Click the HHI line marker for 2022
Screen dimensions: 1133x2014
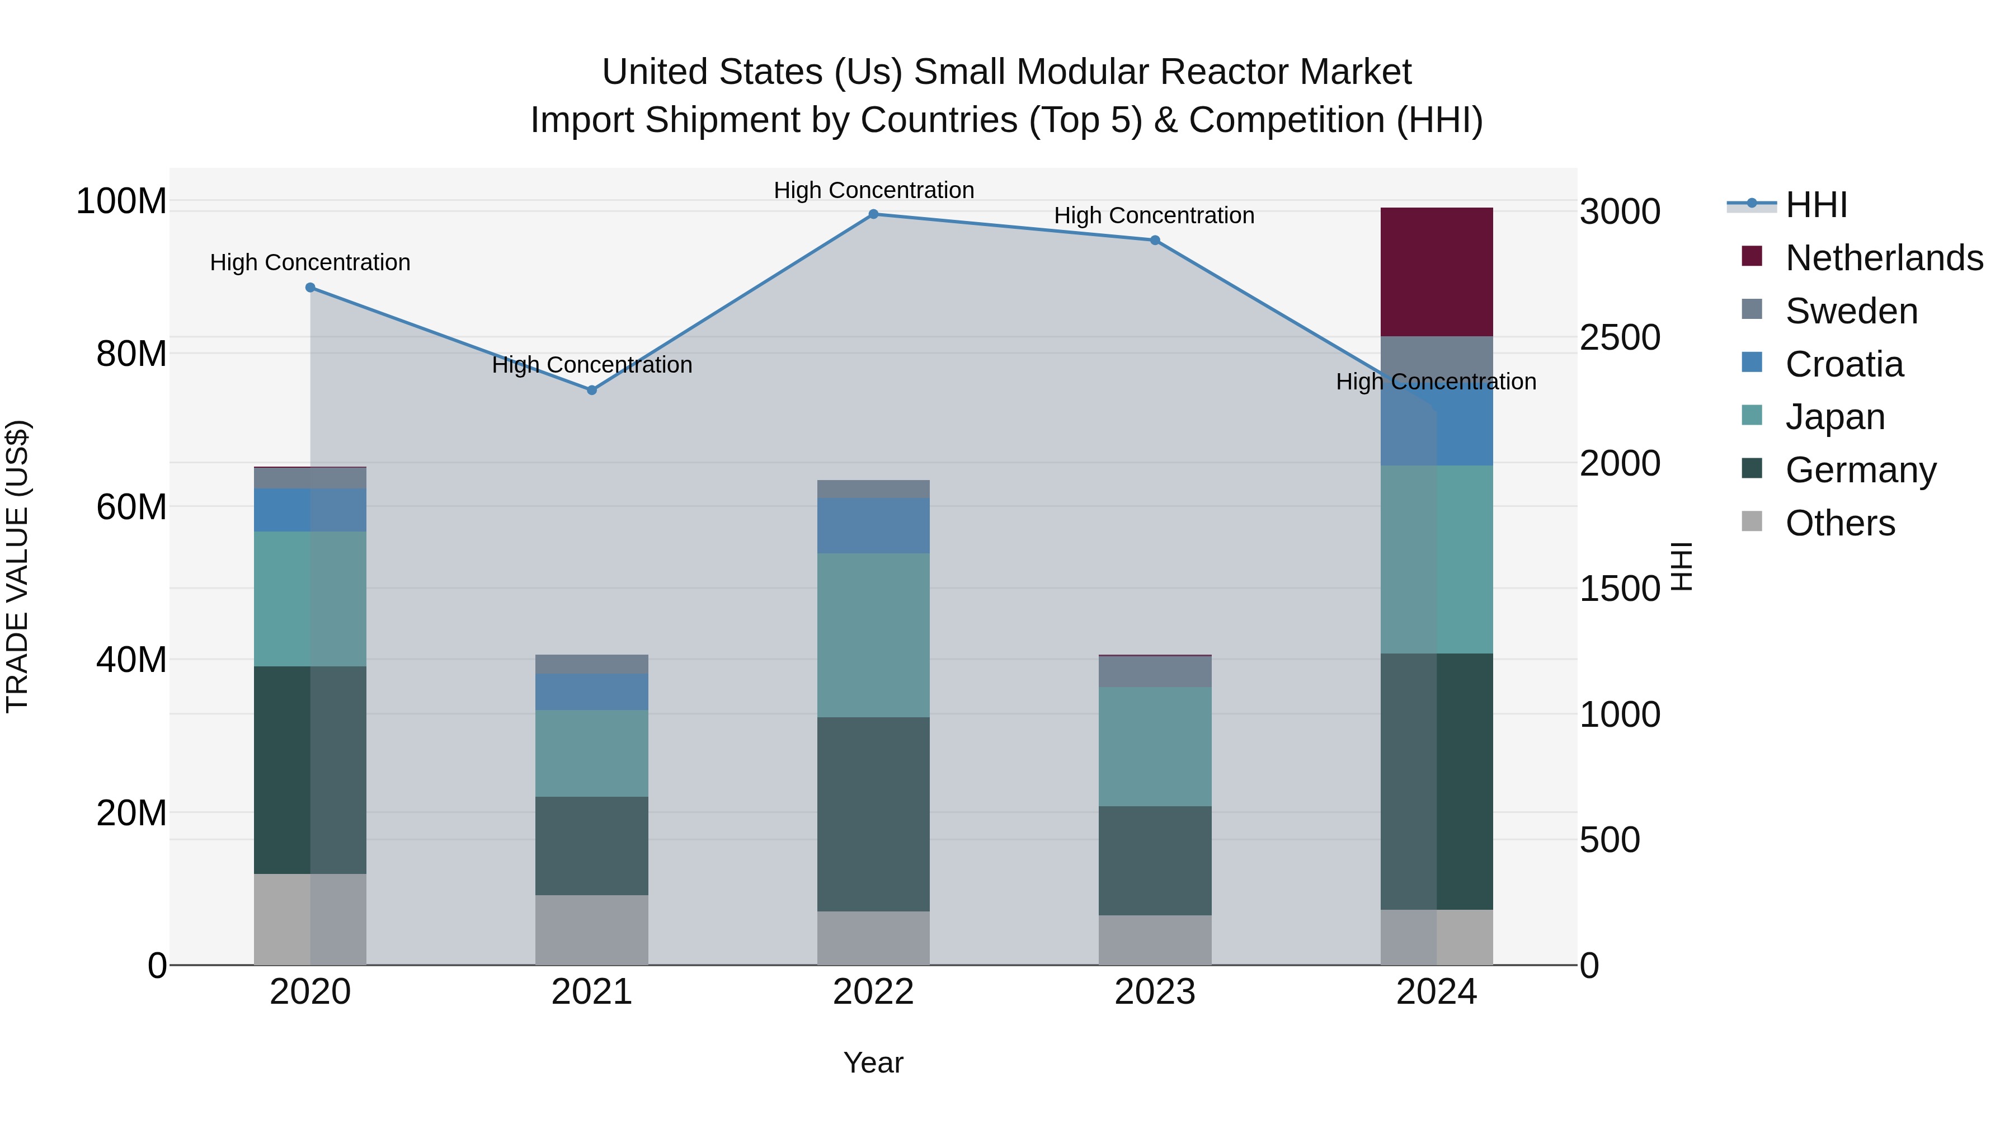pos(873,214)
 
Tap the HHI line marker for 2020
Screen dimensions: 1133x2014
pos(310,288)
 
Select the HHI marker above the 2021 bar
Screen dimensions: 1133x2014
pos(592,390)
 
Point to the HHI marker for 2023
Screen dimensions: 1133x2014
pos(1155,240)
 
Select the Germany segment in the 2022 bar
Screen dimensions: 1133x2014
pos(873,814)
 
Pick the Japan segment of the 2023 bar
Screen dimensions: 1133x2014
pos(1155,747)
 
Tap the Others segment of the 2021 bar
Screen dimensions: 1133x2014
pos(592,930)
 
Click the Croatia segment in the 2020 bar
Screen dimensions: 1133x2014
pos(310,510)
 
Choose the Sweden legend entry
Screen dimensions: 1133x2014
pos(1851,311)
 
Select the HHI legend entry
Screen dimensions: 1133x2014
pos(1816,205)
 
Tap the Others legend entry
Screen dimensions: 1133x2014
pos(1839,523)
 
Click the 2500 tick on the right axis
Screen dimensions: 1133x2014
pos(1619,338)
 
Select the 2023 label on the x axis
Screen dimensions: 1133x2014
pos(1155,992)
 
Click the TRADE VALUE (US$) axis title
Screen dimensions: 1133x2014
pos(18,566)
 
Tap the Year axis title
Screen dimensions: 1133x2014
pos(873,1063)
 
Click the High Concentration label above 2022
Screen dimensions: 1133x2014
pos(873,190)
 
